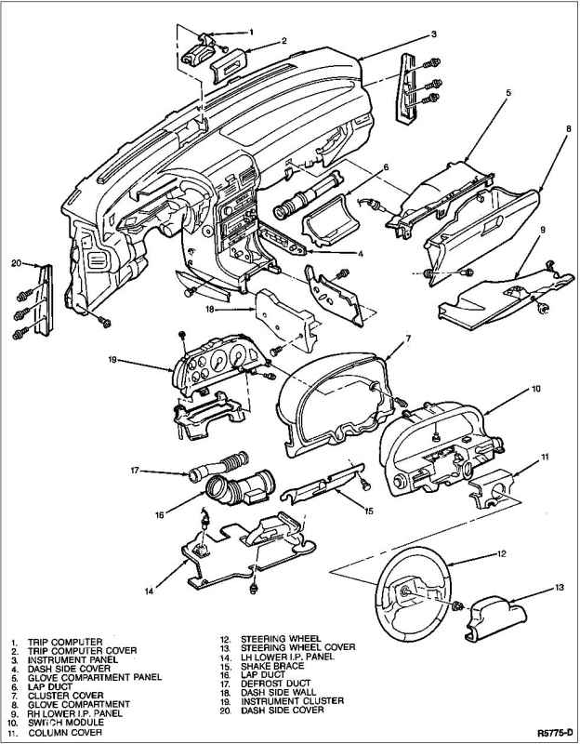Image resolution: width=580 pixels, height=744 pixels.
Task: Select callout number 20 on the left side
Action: pos(16,262)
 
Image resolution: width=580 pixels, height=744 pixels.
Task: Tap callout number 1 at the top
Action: pos(251,33)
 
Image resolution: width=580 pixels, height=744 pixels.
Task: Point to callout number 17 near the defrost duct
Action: pos(135,471)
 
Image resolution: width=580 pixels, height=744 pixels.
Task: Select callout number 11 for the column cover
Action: pos(546,457)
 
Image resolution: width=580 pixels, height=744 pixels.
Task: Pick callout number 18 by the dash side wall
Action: pos(210,308)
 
